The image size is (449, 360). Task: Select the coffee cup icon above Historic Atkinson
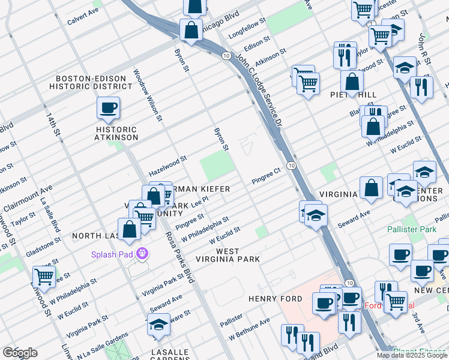point(108,108)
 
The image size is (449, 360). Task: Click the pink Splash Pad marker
point(142,254)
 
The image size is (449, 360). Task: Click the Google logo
point(20,353)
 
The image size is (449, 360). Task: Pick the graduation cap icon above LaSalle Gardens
point(158,325)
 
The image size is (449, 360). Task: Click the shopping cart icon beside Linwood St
point(44,277)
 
